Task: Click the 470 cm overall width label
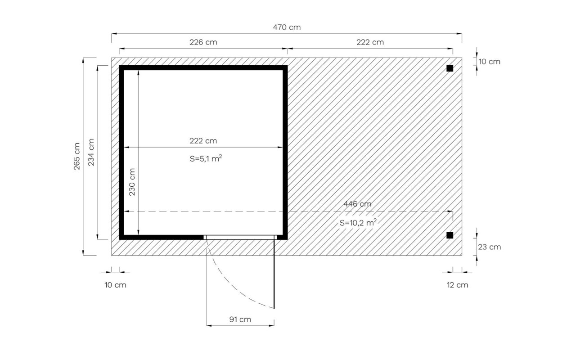tap(287, 27)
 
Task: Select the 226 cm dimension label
tap(203, 42)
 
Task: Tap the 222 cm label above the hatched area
tap(370, 42)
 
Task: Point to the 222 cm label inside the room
tap(203, 141)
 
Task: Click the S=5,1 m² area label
tap(206, 158)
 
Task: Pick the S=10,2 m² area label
tap(358, 222)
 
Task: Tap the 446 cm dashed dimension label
tap(357, 204)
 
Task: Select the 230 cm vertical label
tap(132, 182)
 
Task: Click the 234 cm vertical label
tap(91, 152)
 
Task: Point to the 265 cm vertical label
tap(76, 156)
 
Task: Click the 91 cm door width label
tap(240, 319)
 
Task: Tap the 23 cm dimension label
tap(489, 247)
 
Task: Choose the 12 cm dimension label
tap(457, 285)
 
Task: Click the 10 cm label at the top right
tap(489, 62)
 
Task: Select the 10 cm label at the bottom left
tap(115, 285)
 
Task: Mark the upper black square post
tap(450, 68)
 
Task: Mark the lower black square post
tap(450, 235)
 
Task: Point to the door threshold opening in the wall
tap(240, 237)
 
